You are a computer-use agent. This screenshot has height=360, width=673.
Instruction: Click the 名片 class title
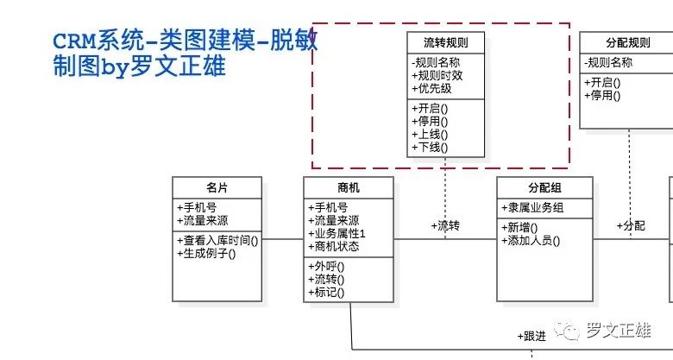click(x=217, y=187)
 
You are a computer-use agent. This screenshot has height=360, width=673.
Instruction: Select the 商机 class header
click(x=349, y=187)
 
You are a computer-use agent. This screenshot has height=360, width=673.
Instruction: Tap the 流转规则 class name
click(x=445, y=42)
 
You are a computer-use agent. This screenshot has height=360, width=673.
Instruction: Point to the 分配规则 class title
click(x=628, y=42)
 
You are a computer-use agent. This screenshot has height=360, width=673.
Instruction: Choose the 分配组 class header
click(x=544, y=187)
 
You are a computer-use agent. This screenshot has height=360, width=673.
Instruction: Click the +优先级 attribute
click(x=431, y=89)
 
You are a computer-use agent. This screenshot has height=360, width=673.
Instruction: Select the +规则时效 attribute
click(x=437, y=76)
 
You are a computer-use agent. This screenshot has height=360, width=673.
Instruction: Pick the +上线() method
click(x=430, y=135)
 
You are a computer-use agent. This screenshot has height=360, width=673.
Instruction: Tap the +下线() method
click(x=430, y=148)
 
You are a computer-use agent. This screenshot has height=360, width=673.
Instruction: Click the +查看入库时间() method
click(x=217, y=241)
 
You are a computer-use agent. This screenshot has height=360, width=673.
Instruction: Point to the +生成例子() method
click(x=206, y=254)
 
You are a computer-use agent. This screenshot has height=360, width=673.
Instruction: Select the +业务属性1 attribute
click(x=336, y=234)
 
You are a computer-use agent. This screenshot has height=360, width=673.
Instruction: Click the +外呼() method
click(x=326, y=267)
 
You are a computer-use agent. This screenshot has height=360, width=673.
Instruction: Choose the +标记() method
click(x=326, y=293)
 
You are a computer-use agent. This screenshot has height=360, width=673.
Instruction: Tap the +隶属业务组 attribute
click(x=532, y=208)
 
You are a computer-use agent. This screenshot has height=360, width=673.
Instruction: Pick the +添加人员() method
click(x=531, y=241)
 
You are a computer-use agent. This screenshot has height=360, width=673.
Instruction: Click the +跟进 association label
click(x=531, y=337)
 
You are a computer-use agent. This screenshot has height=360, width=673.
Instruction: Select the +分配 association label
click(x=631, y=226)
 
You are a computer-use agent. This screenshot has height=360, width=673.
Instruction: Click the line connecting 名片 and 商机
click(x=283, y=239)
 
